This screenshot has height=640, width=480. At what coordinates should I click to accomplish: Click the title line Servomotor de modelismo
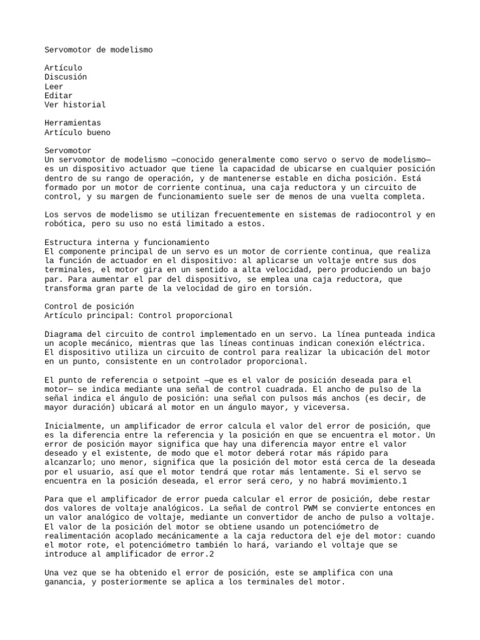point(98,49)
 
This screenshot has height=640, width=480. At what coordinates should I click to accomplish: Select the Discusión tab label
point(66,77)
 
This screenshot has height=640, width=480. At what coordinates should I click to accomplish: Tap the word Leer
point(54,86)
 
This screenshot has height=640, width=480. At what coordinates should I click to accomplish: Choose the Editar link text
point(58,96)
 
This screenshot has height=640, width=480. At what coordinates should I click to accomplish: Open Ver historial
point(75,104)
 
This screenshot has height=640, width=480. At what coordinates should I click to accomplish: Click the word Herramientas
point(72,123)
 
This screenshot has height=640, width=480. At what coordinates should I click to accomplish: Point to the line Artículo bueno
point(77,132)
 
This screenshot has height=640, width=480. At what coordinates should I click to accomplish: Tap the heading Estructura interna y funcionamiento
point(127,242)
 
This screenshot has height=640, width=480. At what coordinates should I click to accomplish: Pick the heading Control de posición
point(89,307)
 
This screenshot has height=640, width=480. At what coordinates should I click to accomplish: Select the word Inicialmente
point(75,426)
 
